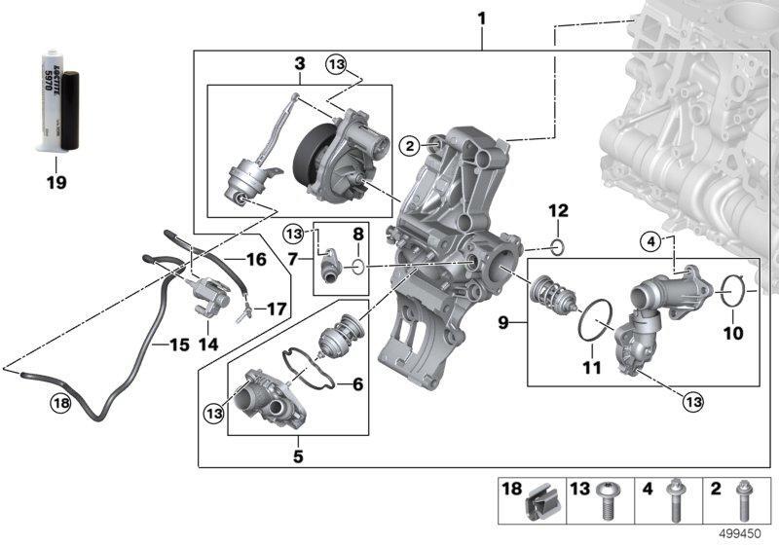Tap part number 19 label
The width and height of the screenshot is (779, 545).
(x=56, y=181)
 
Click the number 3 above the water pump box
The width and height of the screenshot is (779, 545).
(x=300, y=63)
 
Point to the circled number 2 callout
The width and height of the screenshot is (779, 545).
(x=411, y=145)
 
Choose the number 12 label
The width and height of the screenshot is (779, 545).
(x=557, y=210)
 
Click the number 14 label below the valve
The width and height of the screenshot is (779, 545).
(x=208, y=344)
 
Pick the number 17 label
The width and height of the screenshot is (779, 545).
(x=277, y=310)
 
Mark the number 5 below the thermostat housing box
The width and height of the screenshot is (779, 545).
(x=299, y=455)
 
